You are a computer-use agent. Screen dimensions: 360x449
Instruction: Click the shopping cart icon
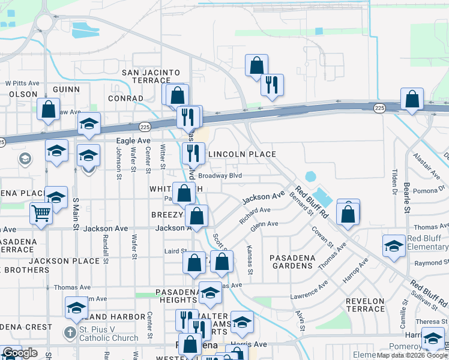pos(41,213)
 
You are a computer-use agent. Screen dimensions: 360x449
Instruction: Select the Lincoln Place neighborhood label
pos(242,154)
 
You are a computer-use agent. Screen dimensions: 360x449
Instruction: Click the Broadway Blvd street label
pos(220,176)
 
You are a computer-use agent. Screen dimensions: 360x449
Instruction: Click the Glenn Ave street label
pos(264,225)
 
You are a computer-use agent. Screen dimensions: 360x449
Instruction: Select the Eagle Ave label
pos(133,140)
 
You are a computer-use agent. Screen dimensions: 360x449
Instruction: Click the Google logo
pos(20,353)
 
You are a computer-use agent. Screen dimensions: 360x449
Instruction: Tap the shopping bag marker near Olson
pos(48,110)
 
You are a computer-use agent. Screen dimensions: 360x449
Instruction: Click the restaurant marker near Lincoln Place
pos(193,154)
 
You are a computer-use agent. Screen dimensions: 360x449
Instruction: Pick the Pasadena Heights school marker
pos(210,293)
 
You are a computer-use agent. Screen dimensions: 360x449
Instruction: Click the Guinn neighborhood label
pos(66,89)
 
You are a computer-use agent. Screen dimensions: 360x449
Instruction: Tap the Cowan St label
pos(322,238)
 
